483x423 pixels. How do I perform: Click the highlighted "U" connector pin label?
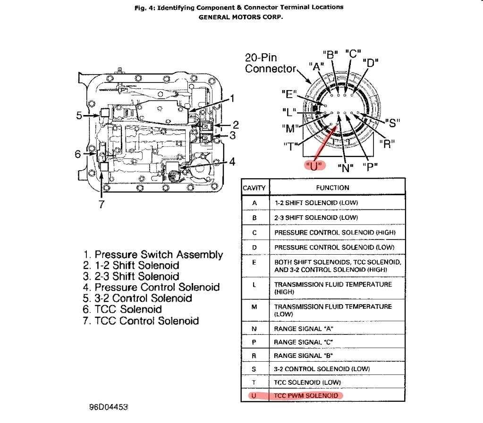coord(313,166)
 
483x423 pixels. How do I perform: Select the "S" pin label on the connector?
coord(393,123)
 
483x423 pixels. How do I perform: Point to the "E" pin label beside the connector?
coord(289,94)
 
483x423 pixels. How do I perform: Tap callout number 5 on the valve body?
coord(80,115)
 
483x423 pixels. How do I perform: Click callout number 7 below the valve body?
coord(102,205)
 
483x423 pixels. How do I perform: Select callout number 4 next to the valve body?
coord(231,162)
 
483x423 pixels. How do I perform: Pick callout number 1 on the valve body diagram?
coord(232,99)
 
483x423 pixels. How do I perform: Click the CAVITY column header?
coord(254,188)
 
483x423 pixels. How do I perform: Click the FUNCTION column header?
coord(332,188)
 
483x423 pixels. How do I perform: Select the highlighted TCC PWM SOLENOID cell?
coord(306,395)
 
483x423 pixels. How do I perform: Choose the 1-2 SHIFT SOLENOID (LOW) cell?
coord(316,203)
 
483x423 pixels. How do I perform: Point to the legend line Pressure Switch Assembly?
coord(153,255)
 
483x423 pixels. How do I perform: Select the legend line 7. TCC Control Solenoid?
coord(141,321)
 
